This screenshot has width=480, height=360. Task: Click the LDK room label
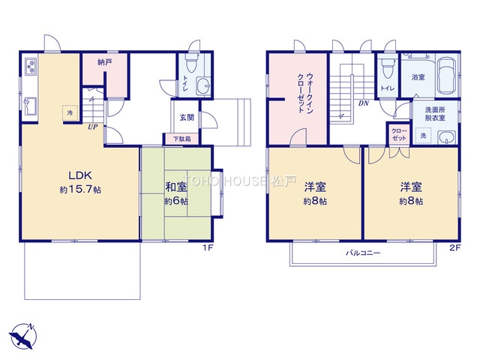coord(80,175)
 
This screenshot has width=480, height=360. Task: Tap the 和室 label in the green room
coord(176,187)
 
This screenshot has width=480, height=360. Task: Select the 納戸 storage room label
coord(105,62)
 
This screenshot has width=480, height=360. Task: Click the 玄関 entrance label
coord(187,117)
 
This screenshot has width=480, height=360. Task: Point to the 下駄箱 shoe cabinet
coord(181,139)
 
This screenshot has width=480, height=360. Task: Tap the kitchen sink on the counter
coord(31,106)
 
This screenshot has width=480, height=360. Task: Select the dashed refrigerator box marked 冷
coord(70,113)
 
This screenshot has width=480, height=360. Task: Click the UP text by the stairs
coord(93,127)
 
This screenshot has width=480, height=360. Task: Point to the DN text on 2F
coord(364,103)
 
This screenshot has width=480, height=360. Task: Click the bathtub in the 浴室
coord(447,76)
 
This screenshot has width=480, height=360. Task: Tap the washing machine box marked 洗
coord(423,135)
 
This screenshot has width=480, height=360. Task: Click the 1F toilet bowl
coord(192,63)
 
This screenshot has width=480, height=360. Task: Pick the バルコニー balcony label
coord(363,253)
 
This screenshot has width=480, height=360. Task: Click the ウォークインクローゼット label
coord(305,93)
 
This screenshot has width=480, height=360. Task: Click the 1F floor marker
coord(208,247)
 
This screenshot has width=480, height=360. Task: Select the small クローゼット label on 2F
coord(399,135)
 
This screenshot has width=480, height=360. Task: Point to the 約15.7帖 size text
coord(80,190)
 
